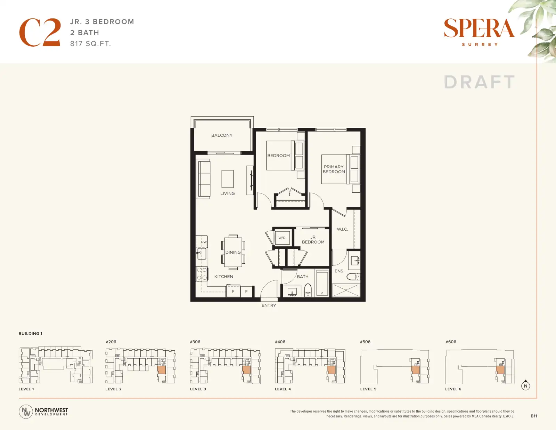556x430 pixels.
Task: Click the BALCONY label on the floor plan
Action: (x=222, y=135)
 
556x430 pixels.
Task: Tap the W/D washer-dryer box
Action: (x=282, y=238)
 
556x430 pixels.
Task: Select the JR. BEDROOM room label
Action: (x=313, y=239)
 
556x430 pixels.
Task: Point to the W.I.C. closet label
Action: (x=342, y=229)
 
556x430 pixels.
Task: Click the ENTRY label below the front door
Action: (x=269, y=305)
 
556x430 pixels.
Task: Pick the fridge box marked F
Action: (x=233, y=291)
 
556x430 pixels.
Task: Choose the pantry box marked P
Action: (x=246, y=291)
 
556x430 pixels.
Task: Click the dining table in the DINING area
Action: (x=233, y=252)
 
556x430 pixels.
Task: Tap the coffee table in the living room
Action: (x=228, y=179)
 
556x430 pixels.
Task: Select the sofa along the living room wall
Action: (x=203, y=179)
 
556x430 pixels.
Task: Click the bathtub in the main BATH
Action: (x=322, y=283)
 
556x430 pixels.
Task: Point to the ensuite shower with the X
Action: (x=346, y=290)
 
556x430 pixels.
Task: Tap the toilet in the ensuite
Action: (x=353, y=277)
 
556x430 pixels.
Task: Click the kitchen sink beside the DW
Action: (x=202, y=254)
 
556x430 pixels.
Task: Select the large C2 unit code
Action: (x=40, y=32)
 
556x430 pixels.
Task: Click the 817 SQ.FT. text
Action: (x=91, y=44)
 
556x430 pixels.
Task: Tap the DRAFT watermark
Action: (x=479, y=82)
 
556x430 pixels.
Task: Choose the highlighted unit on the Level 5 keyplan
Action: (x=415, y=370)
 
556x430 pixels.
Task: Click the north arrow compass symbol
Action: (x=525, y=385)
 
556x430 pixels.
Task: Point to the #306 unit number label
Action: (x=195, y=342)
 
